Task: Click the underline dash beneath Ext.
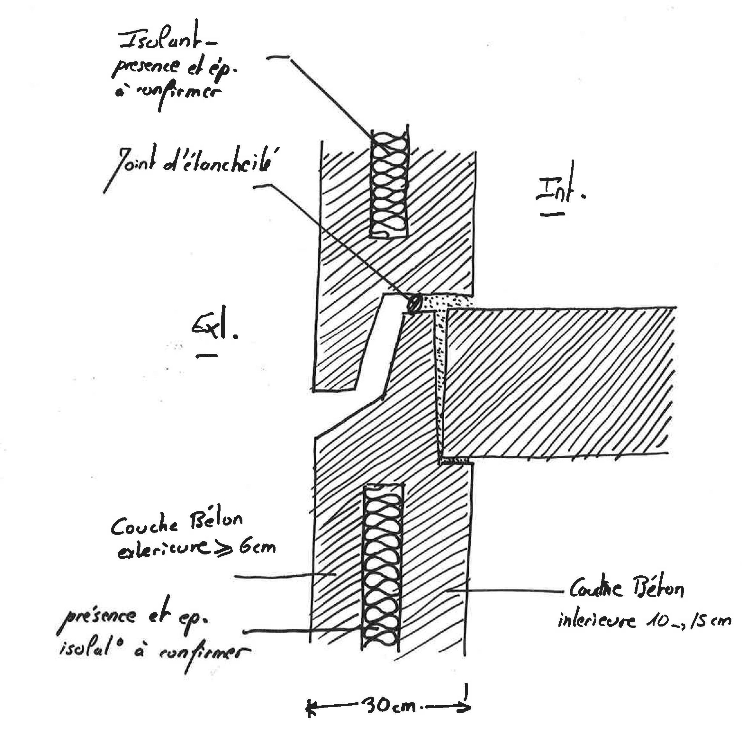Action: tap(207, 355)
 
